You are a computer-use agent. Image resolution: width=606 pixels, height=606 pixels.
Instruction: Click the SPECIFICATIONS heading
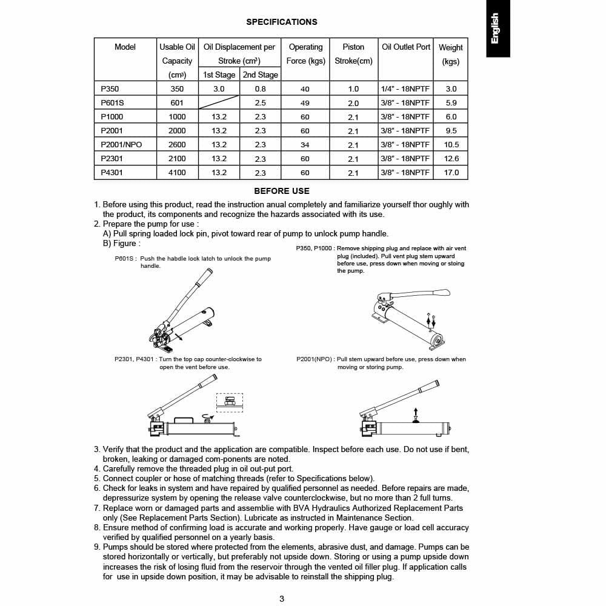(x=281, y=22)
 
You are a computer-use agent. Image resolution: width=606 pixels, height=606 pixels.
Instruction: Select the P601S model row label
(x=112, y=102)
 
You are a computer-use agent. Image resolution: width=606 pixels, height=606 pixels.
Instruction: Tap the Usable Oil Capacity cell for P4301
(x=177, y=172)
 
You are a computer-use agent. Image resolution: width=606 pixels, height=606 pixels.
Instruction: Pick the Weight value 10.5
(x=451, y=145)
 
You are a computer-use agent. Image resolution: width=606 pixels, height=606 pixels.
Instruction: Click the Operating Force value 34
(x=305, y=145)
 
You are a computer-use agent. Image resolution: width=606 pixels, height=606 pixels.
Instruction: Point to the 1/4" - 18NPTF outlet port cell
(x=405, y=88)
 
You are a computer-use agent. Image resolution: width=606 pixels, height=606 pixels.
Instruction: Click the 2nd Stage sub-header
(x=260, y=75)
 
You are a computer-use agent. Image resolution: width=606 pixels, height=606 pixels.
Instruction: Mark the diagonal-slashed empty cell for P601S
(x=219, y=102)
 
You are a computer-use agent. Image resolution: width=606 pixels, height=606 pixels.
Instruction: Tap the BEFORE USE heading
(x=281, y=191)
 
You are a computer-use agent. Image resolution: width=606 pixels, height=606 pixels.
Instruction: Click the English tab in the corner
(x=498, y=28)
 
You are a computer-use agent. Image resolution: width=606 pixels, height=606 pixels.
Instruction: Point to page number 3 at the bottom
(x=282, y=599)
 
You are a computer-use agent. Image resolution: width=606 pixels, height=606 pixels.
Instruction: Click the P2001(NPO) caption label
(x=315, y=359)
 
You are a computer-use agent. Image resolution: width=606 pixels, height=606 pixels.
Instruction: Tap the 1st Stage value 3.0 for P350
(x=219, y=88)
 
